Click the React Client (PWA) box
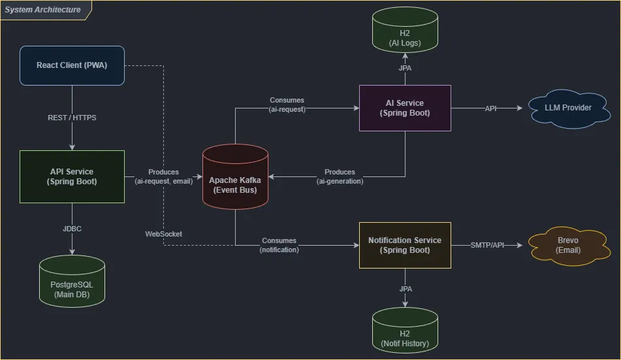(72, 65)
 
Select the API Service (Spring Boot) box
(72, 176)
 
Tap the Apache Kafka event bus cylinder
(235, 177)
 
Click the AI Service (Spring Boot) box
(405, 108)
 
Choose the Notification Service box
(405, 245)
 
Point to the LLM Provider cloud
(569, 108)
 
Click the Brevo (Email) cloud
(569, 246)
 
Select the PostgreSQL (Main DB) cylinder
(72, 281)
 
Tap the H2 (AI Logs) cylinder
(405, 30)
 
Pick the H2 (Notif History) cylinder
(405, 330)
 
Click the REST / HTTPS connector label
(72, 118)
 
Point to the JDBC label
(72, 229)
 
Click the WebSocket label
(163, 234)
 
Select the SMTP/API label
(487, 245)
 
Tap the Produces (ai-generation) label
(340, 176)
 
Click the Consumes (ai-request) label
(287, 105)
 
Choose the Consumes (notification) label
(279, 245)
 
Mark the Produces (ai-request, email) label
(163, 176)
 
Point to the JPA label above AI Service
(405, 68)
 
